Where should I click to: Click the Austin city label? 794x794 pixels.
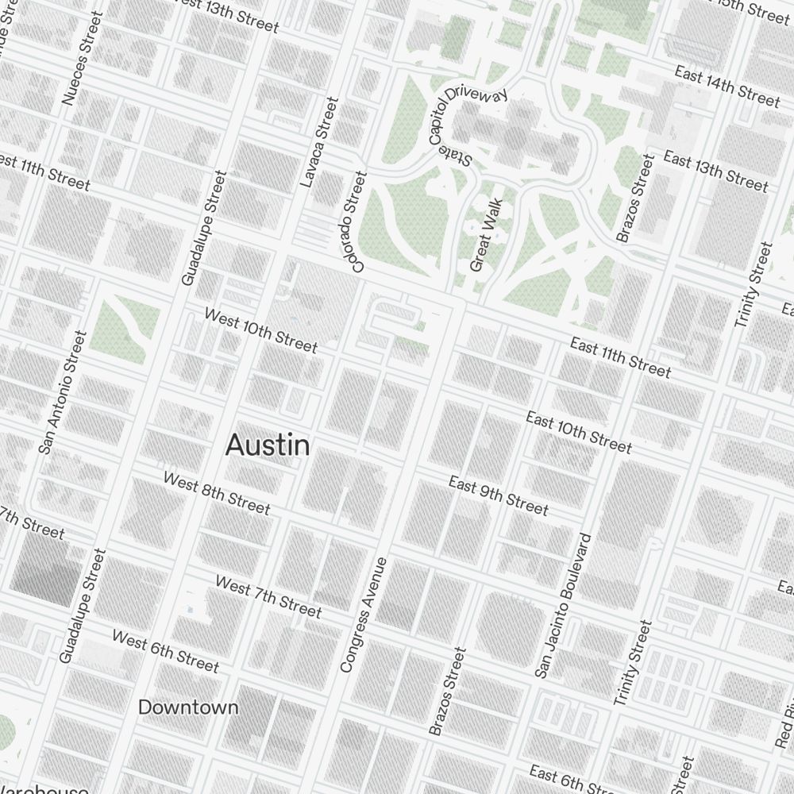coord(268,445)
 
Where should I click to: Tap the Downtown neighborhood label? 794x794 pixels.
coord(188,707)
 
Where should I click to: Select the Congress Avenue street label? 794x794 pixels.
coord(364,615)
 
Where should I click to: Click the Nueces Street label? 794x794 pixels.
coord(82,58)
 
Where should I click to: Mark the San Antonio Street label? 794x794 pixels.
coord(61,393)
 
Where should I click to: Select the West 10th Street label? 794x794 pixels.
coord(260,330)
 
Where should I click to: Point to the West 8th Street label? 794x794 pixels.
coord(217,493)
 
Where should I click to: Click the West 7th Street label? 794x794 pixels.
coord(268,596)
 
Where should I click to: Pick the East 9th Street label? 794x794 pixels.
coord(498,495)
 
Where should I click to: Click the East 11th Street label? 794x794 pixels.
coord(620,357)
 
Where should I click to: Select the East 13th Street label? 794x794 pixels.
coord(715,172)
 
